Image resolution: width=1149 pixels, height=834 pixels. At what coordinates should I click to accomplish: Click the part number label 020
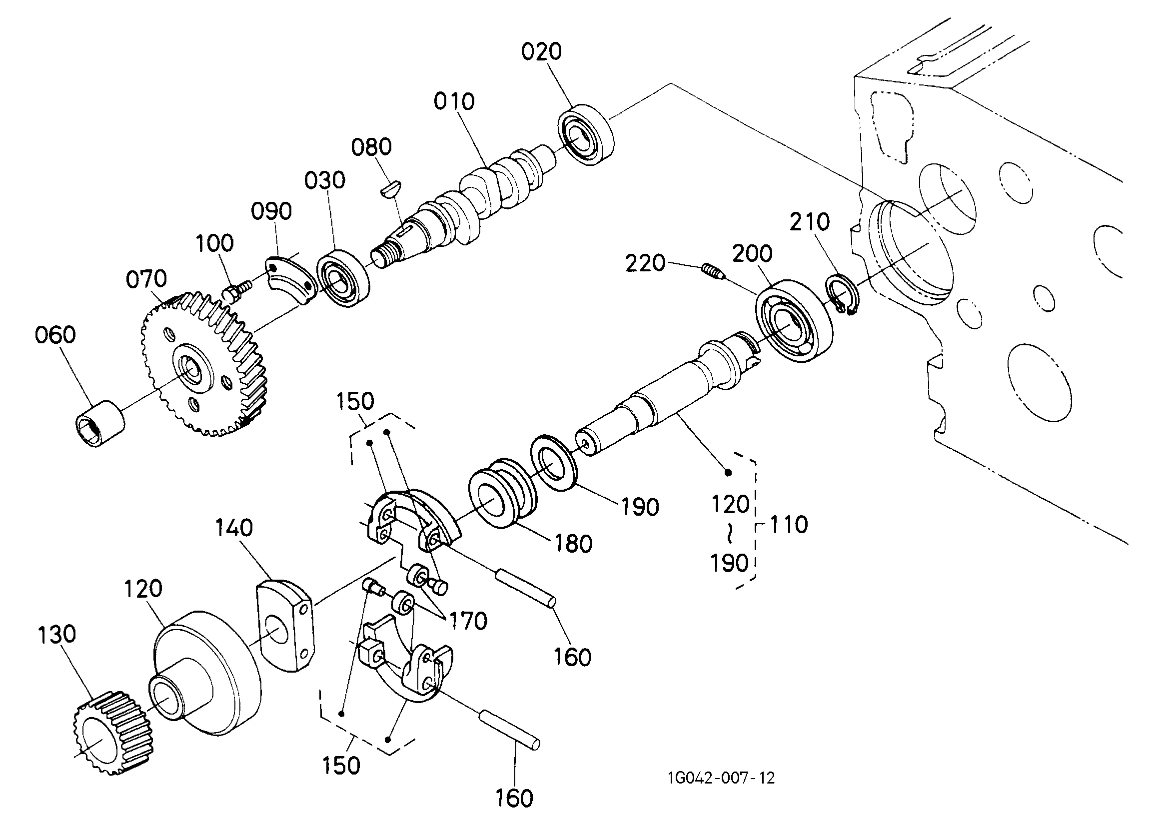[x=542, y=51]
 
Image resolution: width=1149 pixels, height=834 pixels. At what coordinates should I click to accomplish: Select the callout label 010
[x=454, y=101]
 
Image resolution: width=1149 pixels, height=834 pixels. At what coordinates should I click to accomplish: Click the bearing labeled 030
[x=343, y=278]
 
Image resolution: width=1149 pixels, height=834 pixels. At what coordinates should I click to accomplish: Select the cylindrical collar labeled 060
[x=100, y=423]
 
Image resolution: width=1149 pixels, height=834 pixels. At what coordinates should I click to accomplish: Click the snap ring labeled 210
[x=842, y=295]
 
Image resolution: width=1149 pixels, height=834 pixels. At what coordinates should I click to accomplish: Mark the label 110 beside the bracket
[x=789, y=524]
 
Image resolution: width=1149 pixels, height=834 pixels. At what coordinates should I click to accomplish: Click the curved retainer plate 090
[x=290, y=280]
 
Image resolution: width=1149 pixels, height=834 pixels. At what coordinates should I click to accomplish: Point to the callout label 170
[x=468, y=621]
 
